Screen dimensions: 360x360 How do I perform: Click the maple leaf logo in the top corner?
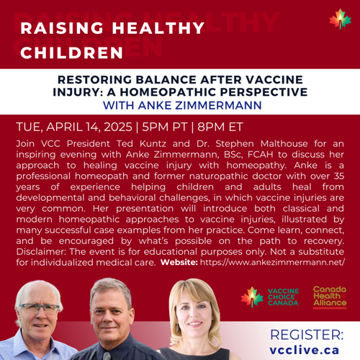click(340, 19)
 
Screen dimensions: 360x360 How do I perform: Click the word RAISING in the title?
click(62, 28)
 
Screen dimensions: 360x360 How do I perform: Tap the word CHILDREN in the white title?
click(71, 53)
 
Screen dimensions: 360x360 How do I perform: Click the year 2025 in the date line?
click(118, 127)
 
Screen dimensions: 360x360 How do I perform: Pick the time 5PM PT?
click(164, 127)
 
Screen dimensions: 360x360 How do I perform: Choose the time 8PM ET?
click(220, 127)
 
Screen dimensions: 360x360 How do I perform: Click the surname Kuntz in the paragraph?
click(153, 144)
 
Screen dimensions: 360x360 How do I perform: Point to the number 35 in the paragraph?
click(339, 176)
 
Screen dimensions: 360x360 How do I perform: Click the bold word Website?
click(179, 262)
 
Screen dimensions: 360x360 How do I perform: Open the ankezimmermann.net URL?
click(272, 262)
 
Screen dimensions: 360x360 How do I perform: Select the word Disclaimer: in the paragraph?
click(42, 251)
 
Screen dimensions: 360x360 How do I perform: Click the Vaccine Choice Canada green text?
click(283, 297)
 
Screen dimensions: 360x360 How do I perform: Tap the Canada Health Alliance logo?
click(330, 297)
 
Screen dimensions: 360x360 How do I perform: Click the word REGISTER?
click(307, 335)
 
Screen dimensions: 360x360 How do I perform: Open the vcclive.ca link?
click(305, 350)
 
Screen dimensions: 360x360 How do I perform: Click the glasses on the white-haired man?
click(38, 309)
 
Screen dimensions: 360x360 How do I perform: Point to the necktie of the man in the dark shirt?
click(107, 356)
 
